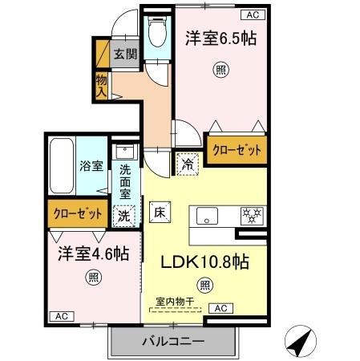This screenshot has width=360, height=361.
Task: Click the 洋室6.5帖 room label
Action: [221, 38]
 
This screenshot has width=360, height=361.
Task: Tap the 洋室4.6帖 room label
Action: [92, 254]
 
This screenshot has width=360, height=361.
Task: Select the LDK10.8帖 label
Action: [206, 261]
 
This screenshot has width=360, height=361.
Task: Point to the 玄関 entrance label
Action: [124, 55]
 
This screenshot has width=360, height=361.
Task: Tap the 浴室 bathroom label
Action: [90, 166]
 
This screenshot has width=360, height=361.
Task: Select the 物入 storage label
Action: [102, 85]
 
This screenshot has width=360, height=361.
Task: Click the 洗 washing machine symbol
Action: [123, 215]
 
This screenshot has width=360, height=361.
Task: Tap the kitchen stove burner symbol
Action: [253, 216]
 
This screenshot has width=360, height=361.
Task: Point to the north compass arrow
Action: [300, 344]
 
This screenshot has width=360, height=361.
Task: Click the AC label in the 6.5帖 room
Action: [252, 14]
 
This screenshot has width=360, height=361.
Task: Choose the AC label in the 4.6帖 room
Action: [61, 316]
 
